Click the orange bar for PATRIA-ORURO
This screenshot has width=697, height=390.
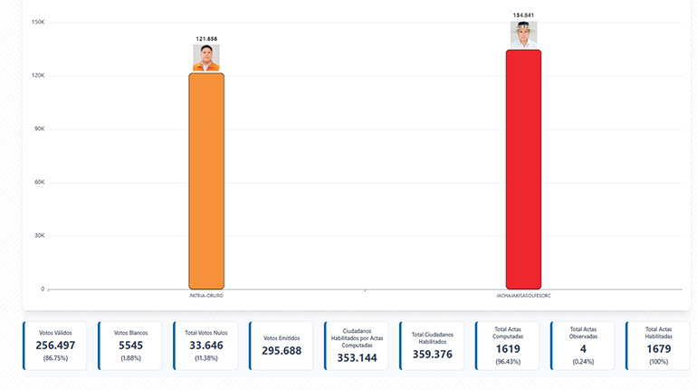206,180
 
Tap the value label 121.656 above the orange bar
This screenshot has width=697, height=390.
206,39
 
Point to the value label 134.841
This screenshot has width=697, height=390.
523,15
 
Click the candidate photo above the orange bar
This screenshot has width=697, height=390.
206,58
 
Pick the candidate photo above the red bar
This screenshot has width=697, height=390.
523,34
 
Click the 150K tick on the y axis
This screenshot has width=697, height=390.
38,22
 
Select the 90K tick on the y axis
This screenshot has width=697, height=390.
38,129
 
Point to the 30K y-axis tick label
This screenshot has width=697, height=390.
38,236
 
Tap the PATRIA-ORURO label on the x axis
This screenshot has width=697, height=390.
206,296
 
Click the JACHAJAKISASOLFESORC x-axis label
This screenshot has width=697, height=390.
523,296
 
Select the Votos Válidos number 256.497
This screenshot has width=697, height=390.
55,346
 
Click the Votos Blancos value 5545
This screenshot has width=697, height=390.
130,346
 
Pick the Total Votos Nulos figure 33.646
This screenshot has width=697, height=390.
205,346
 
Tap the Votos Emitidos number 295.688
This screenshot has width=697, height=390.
281,350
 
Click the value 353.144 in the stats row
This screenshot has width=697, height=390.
356,357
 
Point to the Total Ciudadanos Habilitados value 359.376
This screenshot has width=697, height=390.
432,354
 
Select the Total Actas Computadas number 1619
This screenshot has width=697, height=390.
507,348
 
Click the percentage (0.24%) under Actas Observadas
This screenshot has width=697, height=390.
582,361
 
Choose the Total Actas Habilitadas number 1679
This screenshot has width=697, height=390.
658,348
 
